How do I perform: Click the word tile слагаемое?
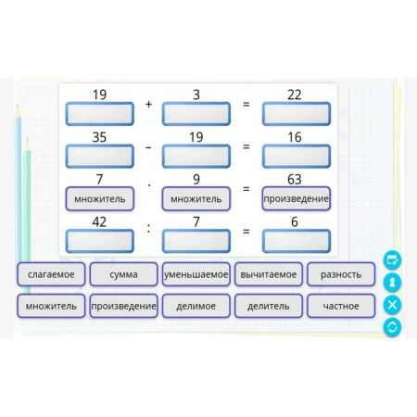pos(51,274)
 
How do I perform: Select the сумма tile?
pos(123,274)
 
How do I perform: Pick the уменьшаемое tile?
pos(196,274)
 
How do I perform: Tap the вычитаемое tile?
pos(269,274)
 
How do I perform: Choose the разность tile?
pos(341,274)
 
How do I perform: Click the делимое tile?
pos(196,306)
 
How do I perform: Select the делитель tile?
pos(269,306)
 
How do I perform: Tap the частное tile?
pos(341,306)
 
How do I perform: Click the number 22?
pos(295,95)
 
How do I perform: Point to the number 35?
pos(99,137)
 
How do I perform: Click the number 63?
pos(295,180)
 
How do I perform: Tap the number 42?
pos(99,221)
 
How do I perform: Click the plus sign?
pos(148,104)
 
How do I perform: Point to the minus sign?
pos(148,147)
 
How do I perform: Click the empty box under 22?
pos(297,114)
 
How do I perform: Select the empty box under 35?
pos(99,157)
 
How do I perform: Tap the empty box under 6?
pos(297,241)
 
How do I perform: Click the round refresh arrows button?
pos(392,327)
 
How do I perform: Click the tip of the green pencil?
pos(27,139)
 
